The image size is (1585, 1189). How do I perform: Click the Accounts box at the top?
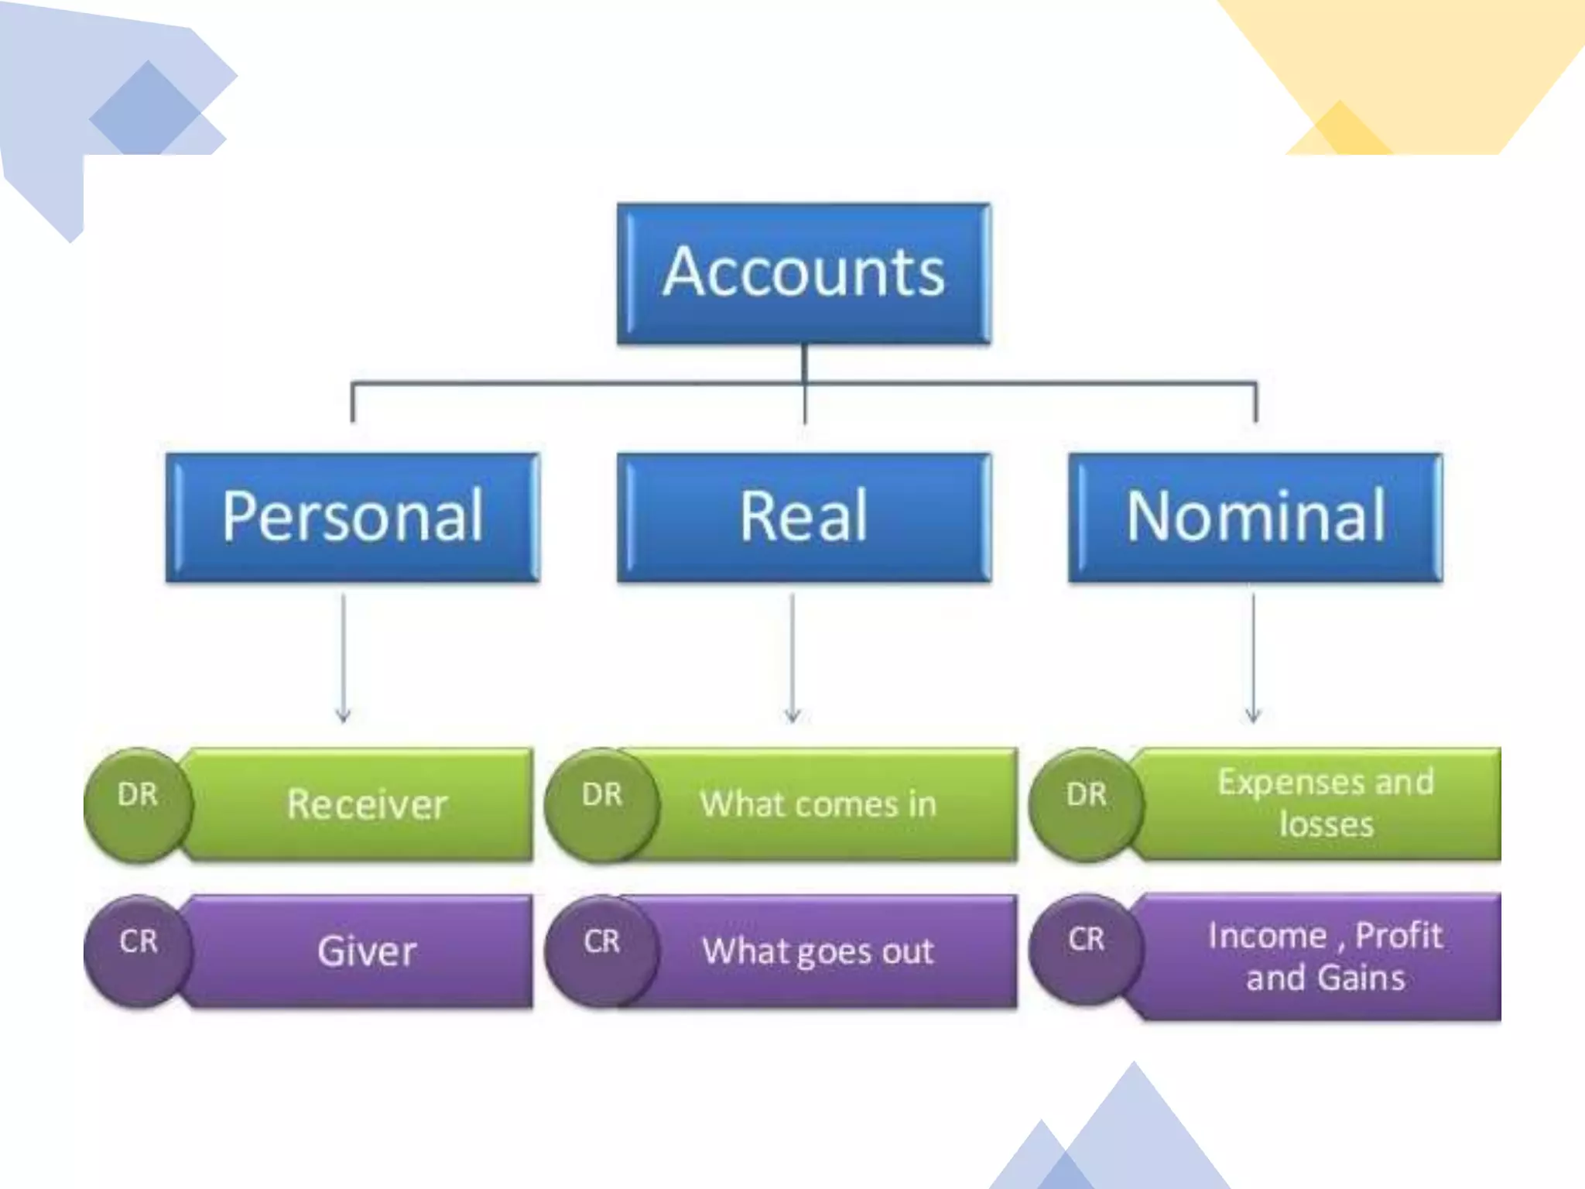pos(803,272)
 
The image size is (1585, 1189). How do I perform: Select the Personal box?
pos(353,517)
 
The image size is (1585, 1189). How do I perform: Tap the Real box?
pos(803,517)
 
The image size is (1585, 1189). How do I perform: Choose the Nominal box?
pos(1255,517)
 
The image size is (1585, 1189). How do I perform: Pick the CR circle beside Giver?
pos(138,951)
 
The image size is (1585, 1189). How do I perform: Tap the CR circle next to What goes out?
pos(602,951)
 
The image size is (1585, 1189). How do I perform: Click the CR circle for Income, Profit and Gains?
pos(1086,949)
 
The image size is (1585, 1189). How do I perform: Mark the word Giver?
pos(367,951)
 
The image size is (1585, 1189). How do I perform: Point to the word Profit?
pos(1398,936)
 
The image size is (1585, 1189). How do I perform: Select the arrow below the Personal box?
pos(344,658)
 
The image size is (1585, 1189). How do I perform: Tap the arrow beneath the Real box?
pos(792,658)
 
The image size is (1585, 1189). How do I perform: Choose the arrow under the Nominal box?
pos(1254,658)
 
